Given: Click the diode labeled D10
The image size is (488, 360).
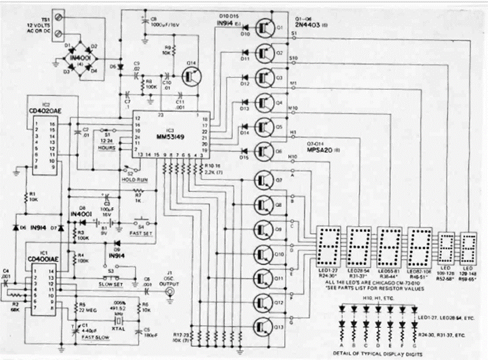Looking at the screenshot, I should coord(246,28).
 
